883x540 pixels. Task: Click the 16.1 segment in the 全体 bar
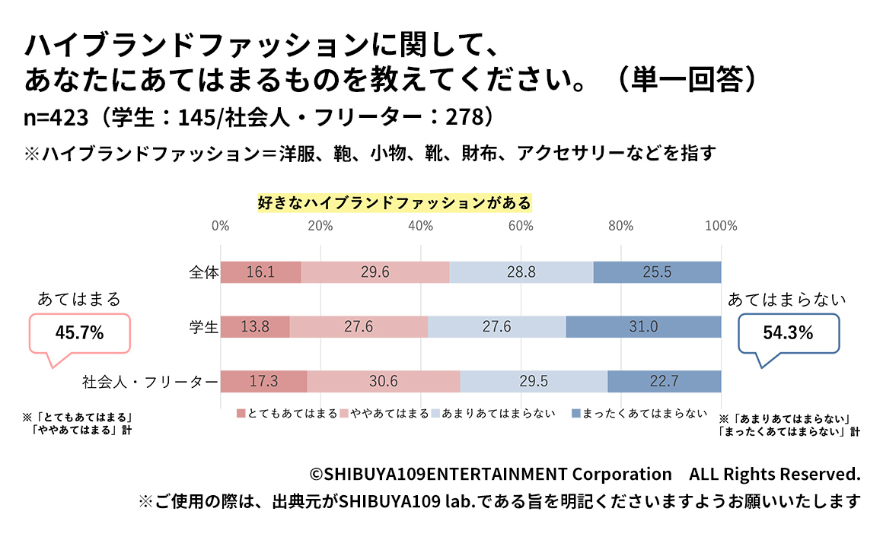point(260,272)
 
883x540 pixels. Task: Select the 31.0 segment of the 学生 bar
point(643,327)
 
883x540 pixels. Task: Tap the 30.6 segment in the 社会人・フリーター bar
point(384,382)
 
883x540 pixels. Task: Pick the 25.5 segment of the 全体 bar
point(657,272)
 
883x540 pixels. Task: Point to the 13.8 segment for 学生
point(255,327)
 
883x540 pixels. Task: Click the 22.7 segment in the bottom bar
point(664,382)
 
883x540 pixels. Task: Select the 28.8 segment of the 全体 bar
point(521,272)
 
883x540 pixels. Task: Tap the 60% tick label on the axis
point(521,226)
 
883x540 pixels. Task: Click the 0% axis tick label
point(220,226)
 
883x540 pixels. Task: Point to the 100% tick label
point(721,226)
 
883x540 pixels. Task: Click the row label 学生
point(204,327)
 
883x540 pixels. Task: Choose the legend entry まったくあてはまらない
point(639,414)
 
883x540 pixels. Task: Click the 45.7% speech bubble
point(79,332)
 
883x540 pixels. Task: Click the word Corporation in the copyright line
point(622,475)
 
